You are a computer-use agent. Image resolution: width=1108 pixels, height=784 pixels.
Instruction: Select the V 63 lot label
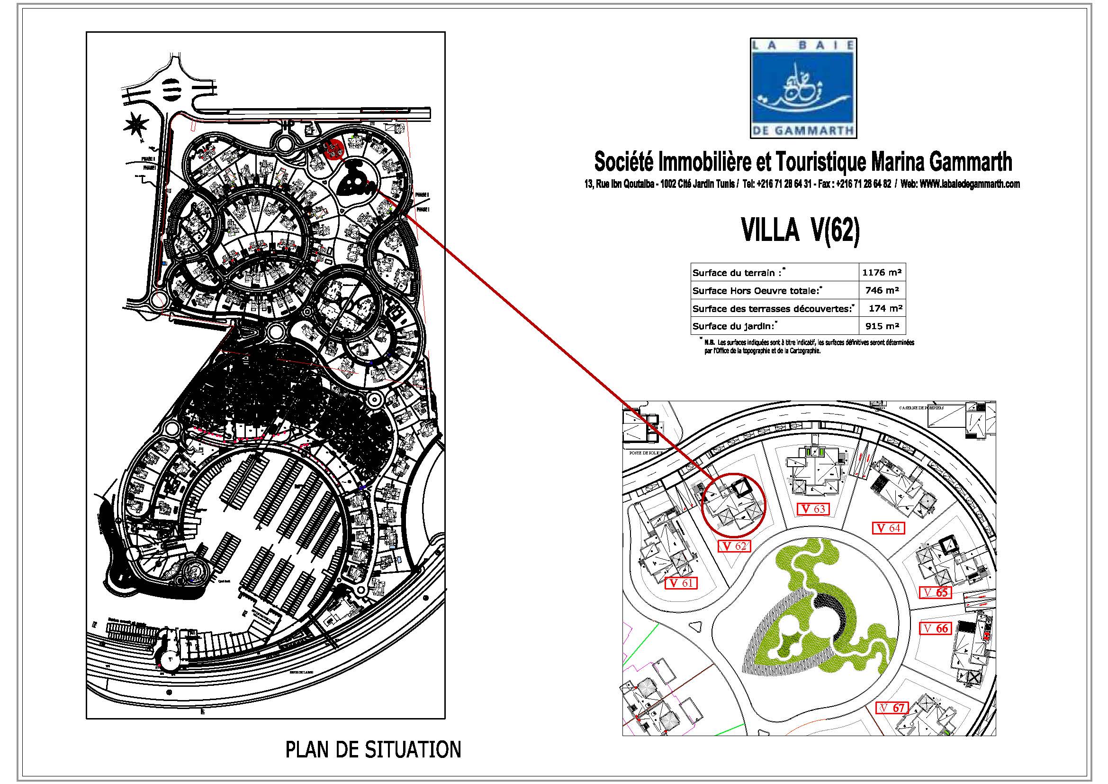coord(813,509)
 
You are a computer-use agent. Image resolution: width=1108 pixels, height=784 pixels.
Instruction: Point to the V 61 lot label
coord(680,583)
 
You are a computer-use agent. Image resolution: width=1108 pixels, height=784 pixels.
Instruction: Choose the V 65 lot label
coord(936,592)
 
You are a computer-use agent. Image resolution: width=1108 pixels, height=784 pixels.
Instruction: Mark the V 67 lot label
coord(892,708)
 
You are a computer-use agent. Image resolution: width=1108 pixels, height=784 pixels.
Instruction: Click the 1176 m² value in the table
coord(882,272)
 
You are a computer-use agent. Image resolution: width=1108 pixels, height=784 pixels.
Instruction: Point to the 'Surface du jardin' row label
coord(733,326)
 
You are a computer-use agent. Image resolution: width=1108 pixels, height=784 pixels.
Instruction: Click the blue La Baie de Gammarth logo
coord(803,88)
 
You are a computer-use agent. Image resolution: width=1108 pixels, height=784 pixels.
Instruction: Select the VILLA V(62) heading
coord(801,231)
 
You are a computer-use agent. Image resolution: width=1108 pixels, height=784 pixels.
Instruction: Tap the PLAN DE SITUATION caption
coord(373,750)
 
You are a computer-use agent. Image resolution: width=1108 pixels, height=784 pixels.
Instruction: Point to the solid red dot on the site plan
coord(333,149)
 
